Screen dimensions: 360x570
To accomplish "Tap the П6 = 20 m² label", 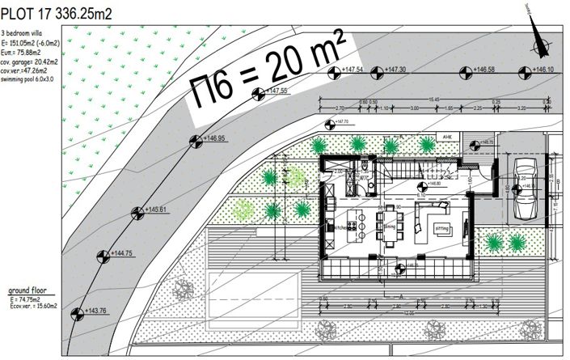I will [267, 71].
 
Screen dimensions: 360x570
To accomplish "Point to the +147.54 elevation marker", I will [334, 71].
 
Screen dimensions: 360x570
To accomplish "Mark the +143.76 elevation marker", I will [77, 313].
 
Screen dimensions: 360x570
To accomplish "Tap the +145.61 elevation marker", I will [136, 213].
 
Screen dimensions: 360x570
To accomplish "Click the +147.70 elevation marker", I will [329, 125].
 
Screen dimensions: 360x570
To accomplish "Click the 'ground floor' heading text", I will [31, 289].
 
